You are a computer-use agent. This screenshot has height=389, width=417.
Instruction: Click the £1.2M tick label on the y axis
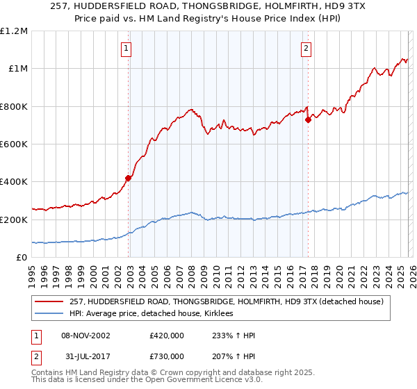tap(15, 31)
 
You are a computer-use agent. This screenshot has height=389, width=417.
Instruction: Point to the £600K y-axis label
tap(14, 144)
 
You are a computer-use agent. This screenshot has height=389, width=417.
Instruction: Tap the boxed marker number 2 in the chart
tap(306, 48)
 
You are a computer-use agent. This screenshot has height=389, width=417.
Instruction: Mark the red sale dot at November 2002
tap(128, 178)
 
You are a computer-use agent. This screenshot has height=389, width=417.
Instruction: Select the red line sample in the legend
tap(50, 301)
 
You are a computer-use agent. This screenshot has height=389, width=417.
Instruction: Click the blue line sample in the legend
tap(50, 314)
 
